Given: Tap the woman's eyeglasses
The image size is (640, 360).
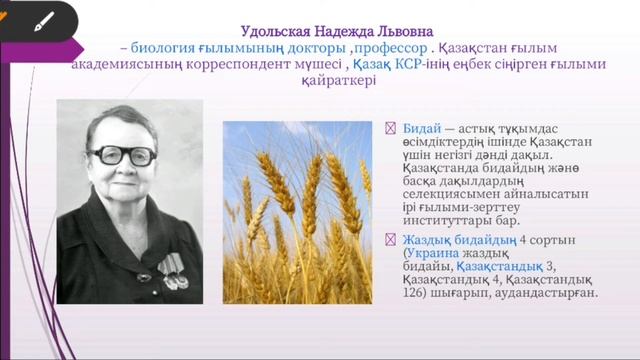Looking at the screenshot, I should click(122, 155).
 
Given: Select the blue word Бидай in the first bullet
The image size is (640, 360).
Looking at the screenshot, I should click(421, 129).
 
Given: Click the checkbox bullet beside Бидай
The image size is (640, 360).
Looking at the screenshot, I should click(391, 129).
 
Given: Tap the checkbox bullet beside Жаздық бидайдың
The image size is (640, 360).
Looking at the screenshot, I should click(391, 241).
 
